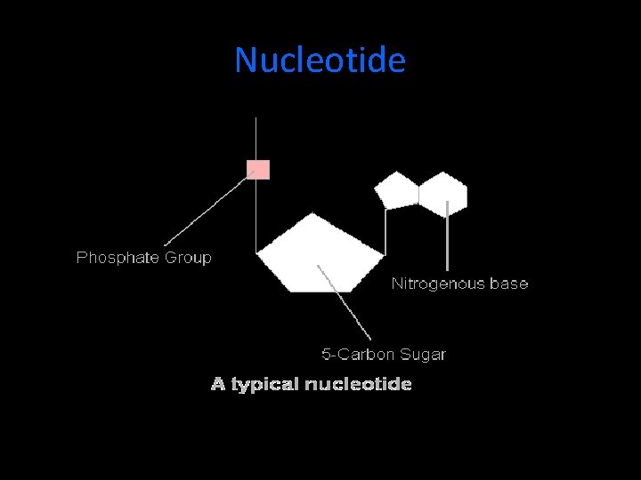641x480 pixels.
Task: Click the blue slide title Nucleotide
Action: [x=320, y=60]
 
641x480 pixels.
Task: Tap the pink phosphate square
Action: [x=258, y=169]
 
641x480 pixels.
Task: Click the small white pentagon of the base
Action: [x=395, y=189]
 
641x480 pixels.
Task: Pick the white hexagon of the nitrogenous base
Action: [x=443, y=193]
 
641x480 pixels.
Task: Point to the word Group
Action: [x=187, y=258]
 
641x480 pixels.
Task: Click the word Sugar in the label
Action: [x=423, y=355]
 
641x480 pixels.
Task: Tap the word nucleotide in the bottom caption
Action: [x=358, y=385]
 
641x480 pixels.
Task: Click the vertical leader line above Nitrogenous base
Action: [x=447, y=244]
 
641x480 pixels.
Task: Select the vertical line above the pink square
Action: [x=256, y=138]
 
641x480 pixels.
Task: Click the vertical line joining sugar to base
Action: [x=385, y=231]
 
